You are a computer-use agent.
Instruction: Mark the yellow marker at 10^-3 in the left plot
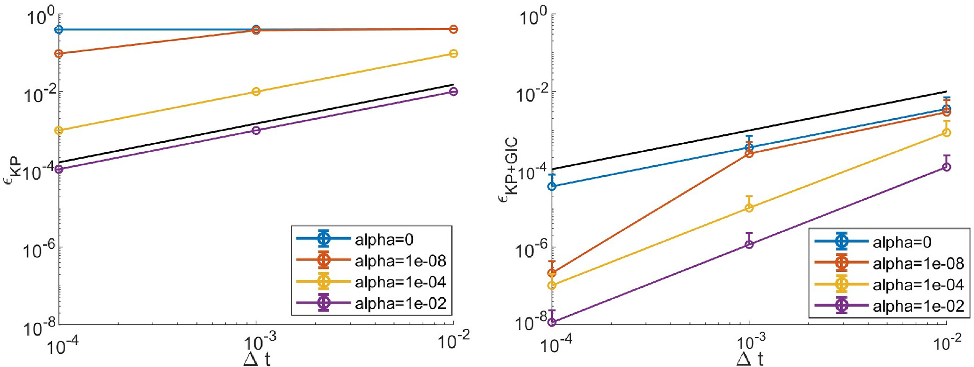click(256, 91)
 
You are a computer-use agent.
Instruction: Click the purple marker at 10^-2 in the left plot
click(453, 91)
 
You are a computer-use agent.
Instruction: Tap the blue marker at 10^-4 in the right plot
click(552, 187)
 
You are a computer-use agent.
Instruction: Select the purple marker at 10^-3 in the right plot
click(749, 245)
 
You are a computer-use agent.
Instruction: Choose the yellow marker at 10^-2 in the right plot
click(946, 133)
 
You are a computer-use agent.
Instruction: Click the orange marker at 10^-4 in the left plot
click(59, 54)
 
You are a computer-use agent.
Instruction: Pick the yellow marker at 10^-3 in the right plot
click(749, 208)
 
